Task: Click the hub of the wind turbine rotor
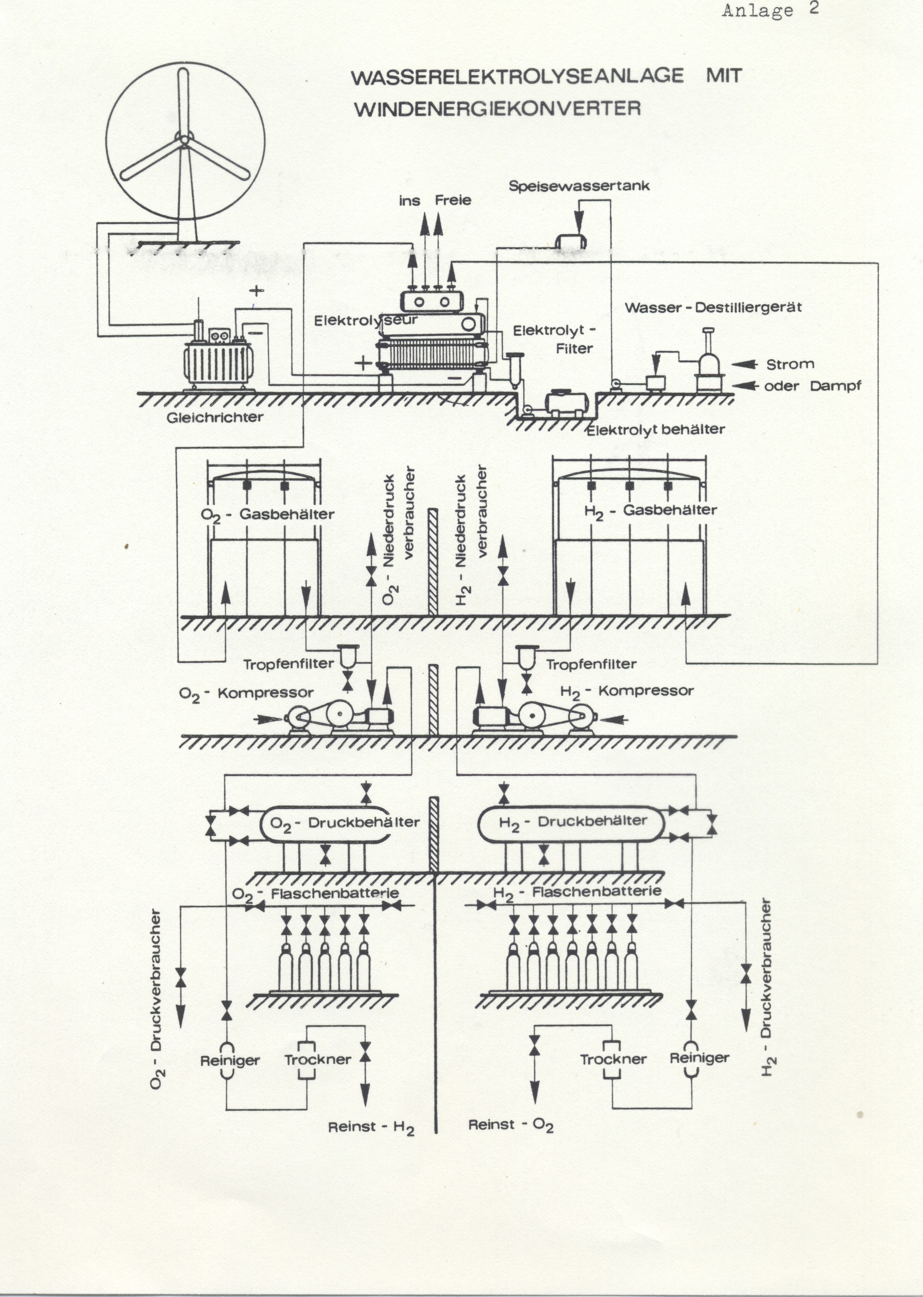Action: (x=184, y=139)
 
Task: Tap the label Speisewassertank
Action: (x=578, y=186)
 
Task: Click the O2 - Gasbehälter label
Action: (x=267, y=515)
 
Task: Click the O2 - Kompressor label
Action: (x=246, y=694)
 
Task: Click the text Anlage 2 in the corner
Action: (x=770, y=10)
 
